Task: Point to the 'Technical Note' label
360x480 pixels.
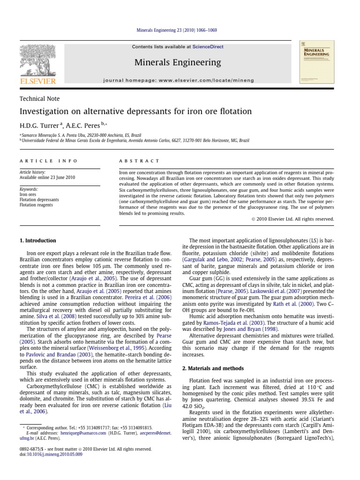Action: (39, 99)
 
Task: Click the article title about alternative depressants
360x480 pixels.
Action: (135, 112)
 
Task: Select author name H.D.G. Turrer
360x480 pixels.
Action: (39, 126)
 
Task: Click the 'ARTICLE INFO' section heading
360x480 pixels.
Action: (48, 161)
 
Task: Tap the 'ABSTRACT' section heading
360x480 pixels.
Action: (139, 161)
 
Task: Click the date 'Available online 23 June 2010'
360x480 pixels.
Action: (47, 178)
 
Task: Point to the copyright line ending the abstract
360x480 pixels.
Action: (293, 219)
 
